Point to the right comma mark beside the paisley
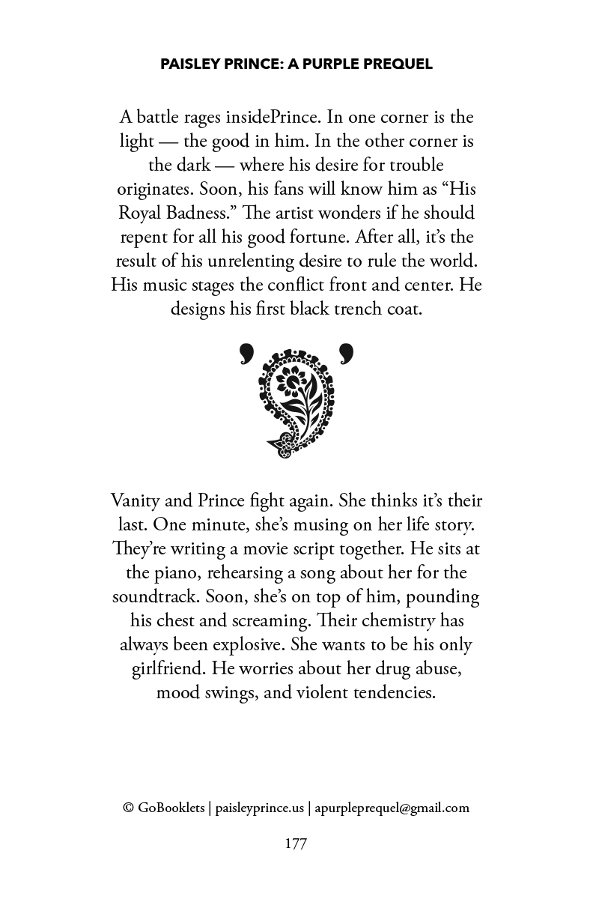(x=345, y=353)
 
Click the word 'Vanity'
(x=136, y=501)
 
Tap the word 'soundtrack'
(x=153, y=597)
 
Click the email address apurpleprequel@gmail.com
(x=392, y=808)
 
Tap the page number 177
(x=296, y=844)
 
